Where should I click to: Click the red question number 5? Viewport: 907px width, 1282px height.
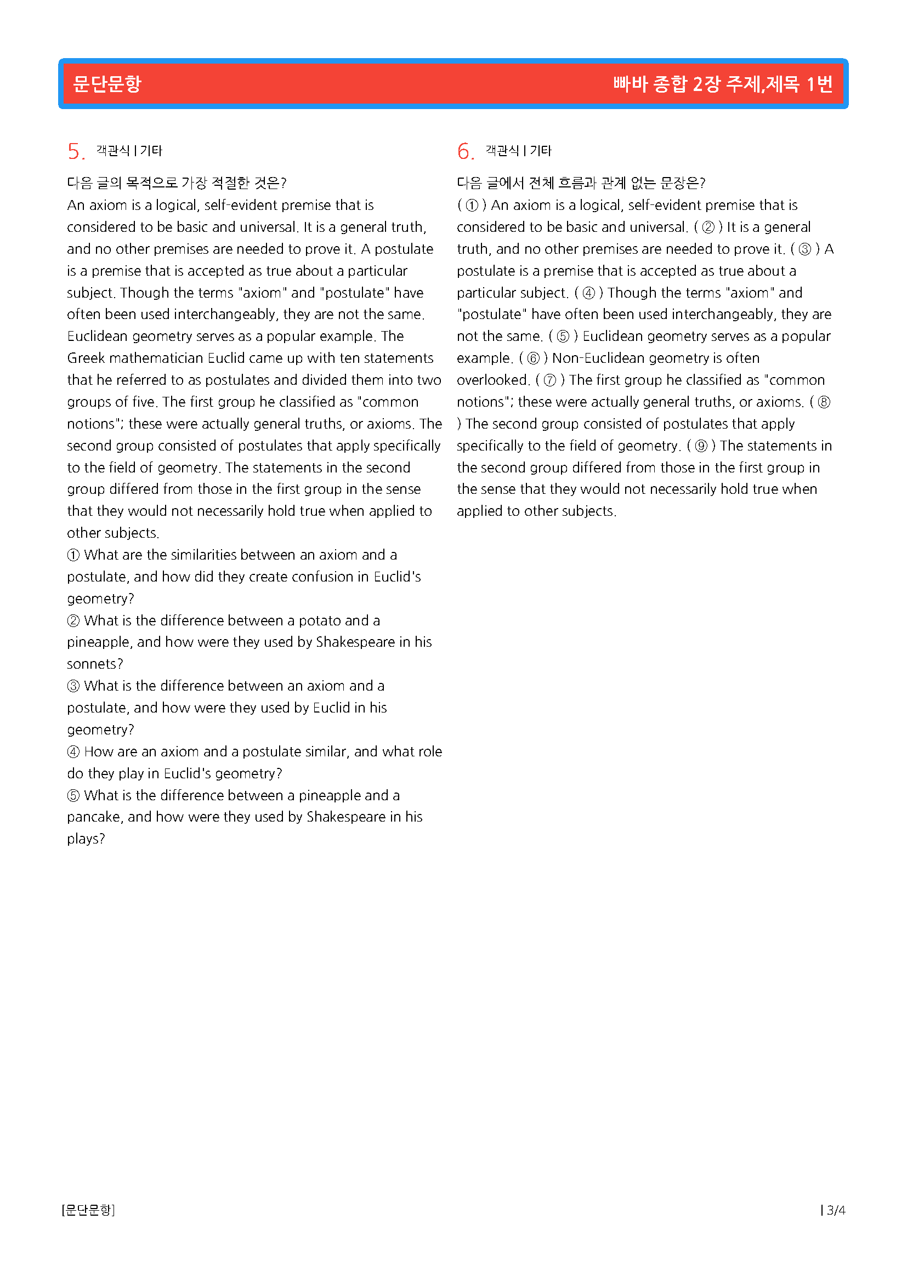click(74, 151)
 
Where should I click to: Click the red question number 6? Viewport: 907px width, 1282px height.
click(464, 151)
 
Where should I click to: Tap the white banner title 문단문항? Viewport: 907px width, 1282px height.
click(107, 84)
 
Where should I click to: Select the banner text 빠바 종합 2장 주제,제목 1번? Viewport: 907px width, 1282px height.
click(723, 84)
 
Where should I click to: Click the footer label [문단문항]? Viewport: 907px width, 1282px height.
click(88, 1210)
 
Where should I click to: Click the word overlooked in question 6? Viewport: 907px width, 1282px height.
click(491, 380)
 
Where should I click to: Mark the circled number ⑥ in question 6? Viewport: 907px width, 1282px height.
click(534, 358)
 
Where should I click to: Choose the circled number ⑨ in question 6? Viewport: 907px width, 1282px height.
click(701, 446)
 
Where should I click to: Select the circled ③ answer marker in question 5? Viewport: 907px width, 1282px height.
click(73, 686)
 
